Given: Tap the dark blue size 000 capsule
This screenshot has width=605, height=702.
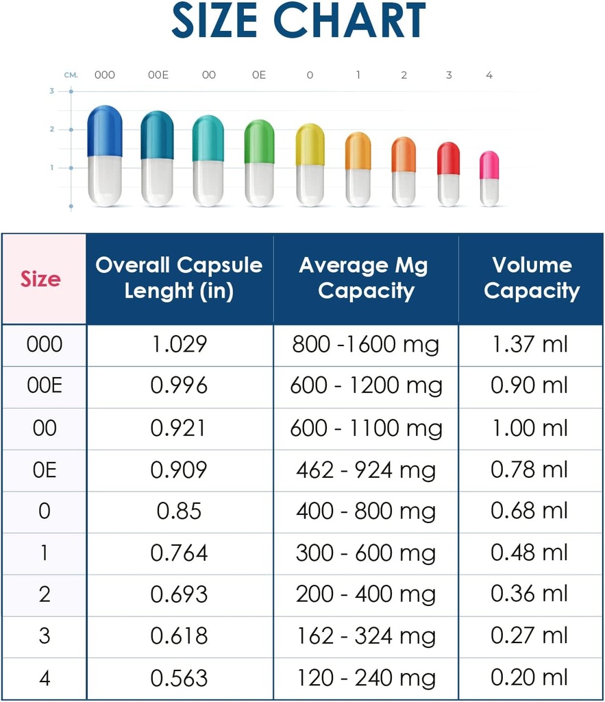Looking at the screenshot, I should tap(105, 156).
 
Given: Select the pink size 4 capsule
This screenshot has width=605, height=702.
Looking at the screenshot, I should tap(489, 178).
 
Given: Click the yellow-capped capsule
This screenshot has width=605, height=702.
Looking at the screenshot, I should tap(310, 165).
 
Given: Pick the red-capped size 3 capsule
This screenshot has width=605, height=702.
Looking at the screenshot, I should tap(448, 174).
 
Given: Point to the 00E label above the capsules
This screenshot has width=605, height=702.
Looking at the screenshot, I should tap(158, 75).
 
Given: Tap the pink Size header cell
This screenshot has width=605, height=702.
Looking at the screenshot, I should tap(40, 279).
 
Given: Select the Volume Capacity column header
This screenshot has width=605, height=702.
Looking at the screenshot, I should tap(532, 278).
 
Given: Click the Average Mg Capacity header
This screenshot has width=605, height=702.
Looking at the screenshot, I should tap(365, 278).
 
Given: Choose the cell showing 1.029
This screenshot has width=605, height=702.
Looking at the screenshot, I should tap(179, 344).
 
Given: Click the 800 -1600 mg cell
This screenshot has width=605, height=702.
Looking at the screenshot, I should tap(365, 344).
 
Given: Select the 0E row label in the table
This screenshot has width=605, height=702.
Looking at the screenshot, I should tap(44, 470).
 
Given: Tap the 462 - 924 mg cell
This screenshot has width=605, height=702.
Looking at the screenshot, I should tap(365, 470).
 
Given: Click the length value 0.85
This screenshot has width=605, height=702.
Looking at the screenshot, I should tap(179, 511).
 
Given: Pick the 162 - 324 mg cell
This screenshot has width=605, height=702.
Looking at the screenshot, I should tap(365, 636).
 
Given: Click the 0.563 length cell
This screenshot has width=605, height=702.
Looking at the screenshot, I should tap(179, 678).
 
